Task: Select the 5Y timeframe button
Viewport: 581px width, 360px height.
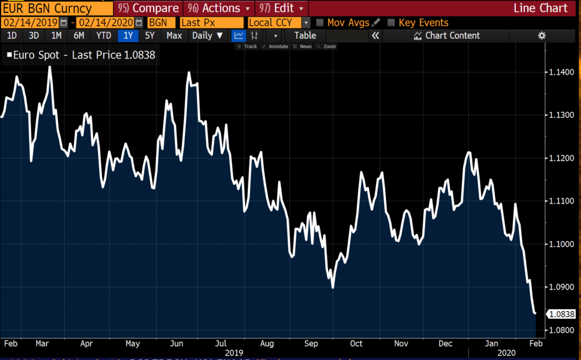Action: point(150,36)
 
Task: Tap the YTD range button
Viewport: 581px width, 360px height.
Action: point(103,36)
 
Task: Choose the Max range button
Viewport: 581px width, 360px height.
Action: point(174,36)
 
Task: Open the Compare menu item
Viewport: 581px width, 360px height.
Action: point(149,8)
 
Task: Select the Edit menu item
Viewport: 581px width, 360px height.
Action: point(283,8)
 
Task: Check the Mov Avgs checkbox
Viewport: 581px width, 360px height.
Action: point(320,23)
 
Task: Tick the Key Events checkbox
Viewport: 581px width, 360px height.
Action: point(391,23)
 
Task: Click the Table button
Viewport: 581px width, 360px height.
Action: point(305,36)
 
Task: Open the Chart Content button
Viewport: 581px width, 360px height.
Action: point(447,36)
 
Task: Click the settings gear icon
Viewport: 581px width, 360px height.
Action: point(542,36)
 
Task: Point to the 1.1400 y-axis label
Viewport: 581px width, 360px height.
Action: point(562,73)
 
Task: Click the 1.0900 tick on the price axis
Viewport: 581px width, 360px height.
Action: point(562,287)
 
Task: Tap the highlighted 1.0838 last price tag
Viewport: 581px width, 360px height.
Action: point(561,314)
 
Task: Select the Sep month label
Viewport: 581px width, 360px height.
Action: point(311,344)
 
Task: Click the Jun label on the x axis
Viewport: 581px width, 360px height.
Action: point(176,344)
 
